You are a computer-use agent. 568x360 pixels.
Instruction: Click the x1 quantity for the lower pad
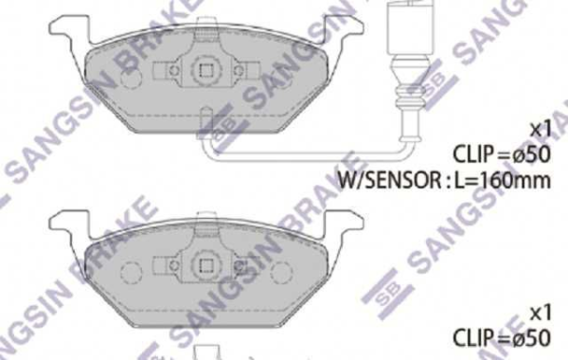click(540, 313)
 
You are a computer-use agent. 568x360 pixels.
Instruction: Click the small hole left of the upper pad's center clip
click(170, 70)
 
